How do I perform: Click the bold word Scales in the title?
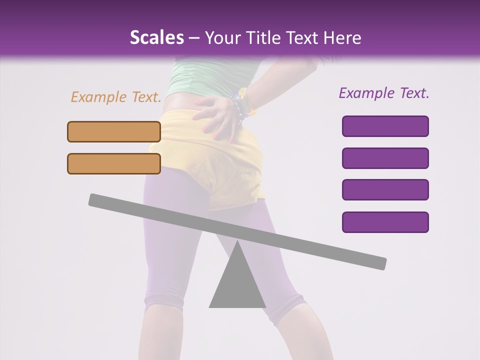[x=156, y=38]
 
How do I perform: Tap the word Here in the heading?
[x=342, y=38]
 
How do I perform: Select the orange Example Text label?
[x=116, y=97]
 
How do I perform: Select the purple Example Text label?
[x=384, y=93]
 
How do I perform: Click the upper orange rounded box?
[x=114, y=131]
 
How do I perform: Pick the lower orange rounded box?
[x=114, y=163]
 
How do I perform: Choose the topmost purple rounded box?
[x=385, y=126]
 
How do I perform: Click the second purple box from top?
[x=385, y=158]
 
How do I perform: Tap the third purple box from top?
[x=385, y=190]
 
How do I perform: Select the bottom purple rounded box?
[x=385, y=222]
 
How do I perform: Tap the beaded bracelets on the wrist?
[x=239, y=105]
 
